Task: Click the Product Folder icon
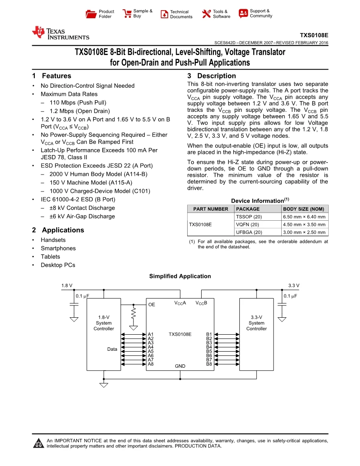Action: coord(91,14)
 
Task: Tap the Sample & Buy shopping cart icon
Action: coord(127,14)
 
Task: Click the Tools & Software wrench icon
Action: coord(206,14)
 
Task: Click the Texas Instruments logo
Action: coord(61,33)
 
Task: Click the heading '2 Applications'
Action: coord(58,230)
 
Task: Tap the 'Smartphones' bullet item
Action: coord(58,248)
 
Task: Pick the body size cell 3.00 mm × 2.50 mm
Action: coord(304,232)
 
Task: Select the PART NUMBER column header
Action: coord(210,209)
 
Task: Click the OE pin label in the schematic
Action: coord(152,305)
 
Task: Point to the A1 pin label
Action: coord(150,334)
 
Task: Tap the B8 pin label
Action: coord(209,364)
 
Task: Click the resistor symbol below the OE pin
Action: coord(134,314)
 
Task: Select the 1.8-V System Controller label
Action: coord(104,323)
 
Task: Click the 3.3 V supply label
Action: coord(294,286)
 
